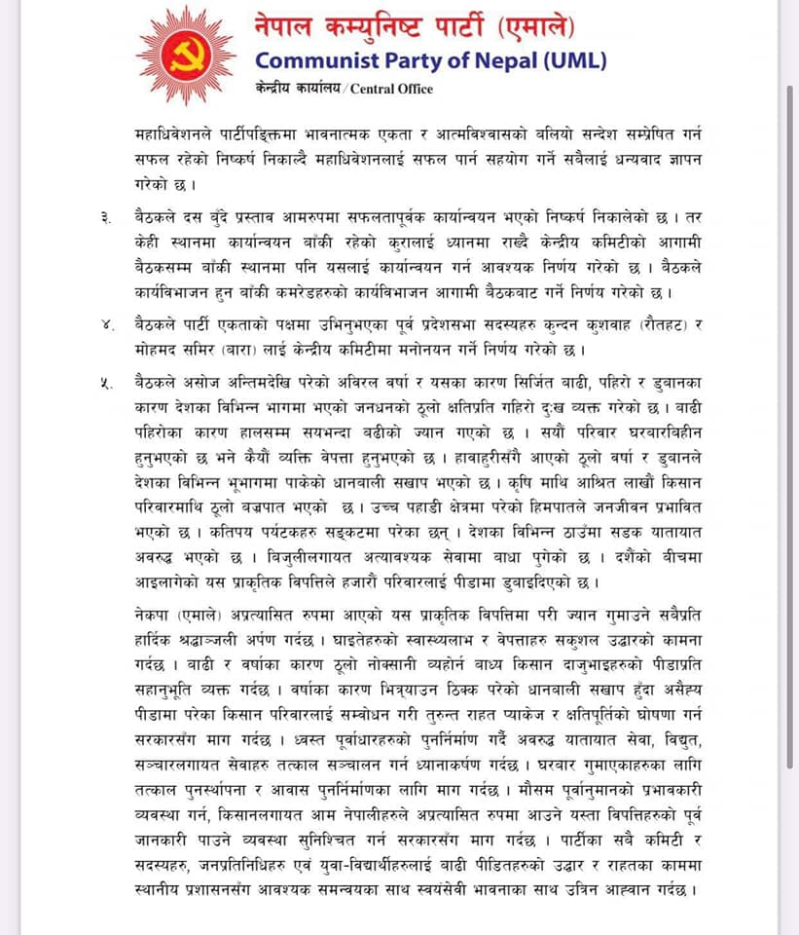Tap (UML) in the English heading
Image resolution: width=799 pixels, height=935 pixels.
pyautogui.click(x=575, y=60)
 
